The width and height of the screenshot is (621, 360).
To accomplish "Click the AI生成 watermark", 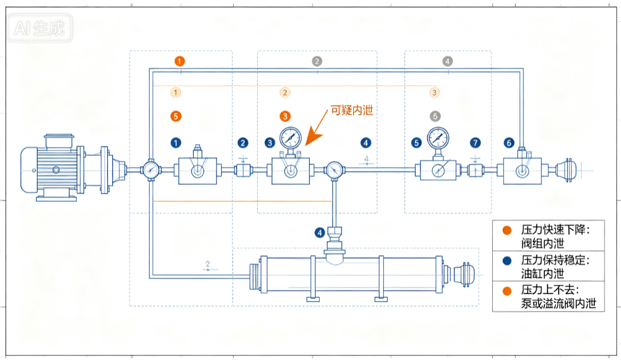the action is click(x=39, y=28).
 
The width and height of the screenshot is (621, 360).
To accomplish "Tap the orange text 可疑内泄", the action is click(x=351, y=111).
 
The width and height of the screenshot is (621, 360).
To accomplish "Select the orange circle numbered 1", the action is click(x=180, y=61).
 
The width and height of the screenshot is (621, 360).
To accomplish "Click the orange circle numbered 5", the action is click(x=176, y=116).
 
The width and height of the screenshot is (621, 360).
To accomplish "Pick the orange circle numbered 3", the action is click(x=285, y=116).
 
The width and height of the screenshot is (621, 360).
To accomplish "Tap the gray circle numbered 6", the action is click(x=435, y=116).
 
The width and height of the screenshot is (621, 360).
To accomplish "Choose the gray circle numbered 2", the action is click(x=317, y=61).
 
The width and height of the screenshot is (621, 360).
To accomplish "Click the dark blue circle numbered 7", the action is click(x=475, y=143).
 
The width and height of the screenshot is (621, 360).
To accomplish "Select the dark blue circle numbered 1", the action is click(x=176, y=143).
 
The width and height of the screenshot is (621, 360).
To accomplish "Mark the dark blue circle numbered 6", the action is click(x=509, y=143).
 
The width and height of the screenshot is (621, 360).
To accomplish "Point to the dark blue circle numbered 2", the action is click(x=243, y=143).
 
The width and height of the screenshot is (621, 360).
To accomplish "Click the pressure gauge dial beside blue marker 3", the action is click(x=291, y=138).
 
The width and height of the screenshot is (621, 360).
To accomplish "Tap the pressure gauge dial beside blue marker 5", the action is click(x=438, y=138).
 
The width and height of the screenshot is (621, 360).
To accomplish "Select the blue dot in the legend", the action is click(x=507, y=261).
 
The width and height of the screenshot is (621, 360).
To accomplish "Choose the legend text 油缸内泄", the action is click(x=543, y=274).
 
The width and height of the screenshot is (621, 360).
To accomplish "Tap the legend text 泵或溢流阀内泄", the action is click(x=559, y=304).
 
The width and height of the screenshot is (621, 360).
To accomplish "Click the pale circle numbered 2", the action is click(x=285, y=92).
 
